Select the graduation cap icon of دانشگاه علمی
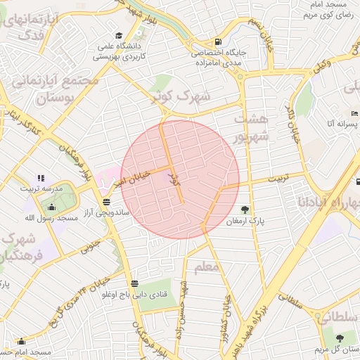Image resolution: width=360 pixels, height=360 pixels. pos(119,36)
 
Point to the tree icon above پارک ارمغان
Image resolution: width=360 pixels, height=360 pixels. pos(244,209)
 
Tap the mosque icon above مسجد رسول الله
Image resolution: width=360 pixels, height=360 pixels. pos(51,207)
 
